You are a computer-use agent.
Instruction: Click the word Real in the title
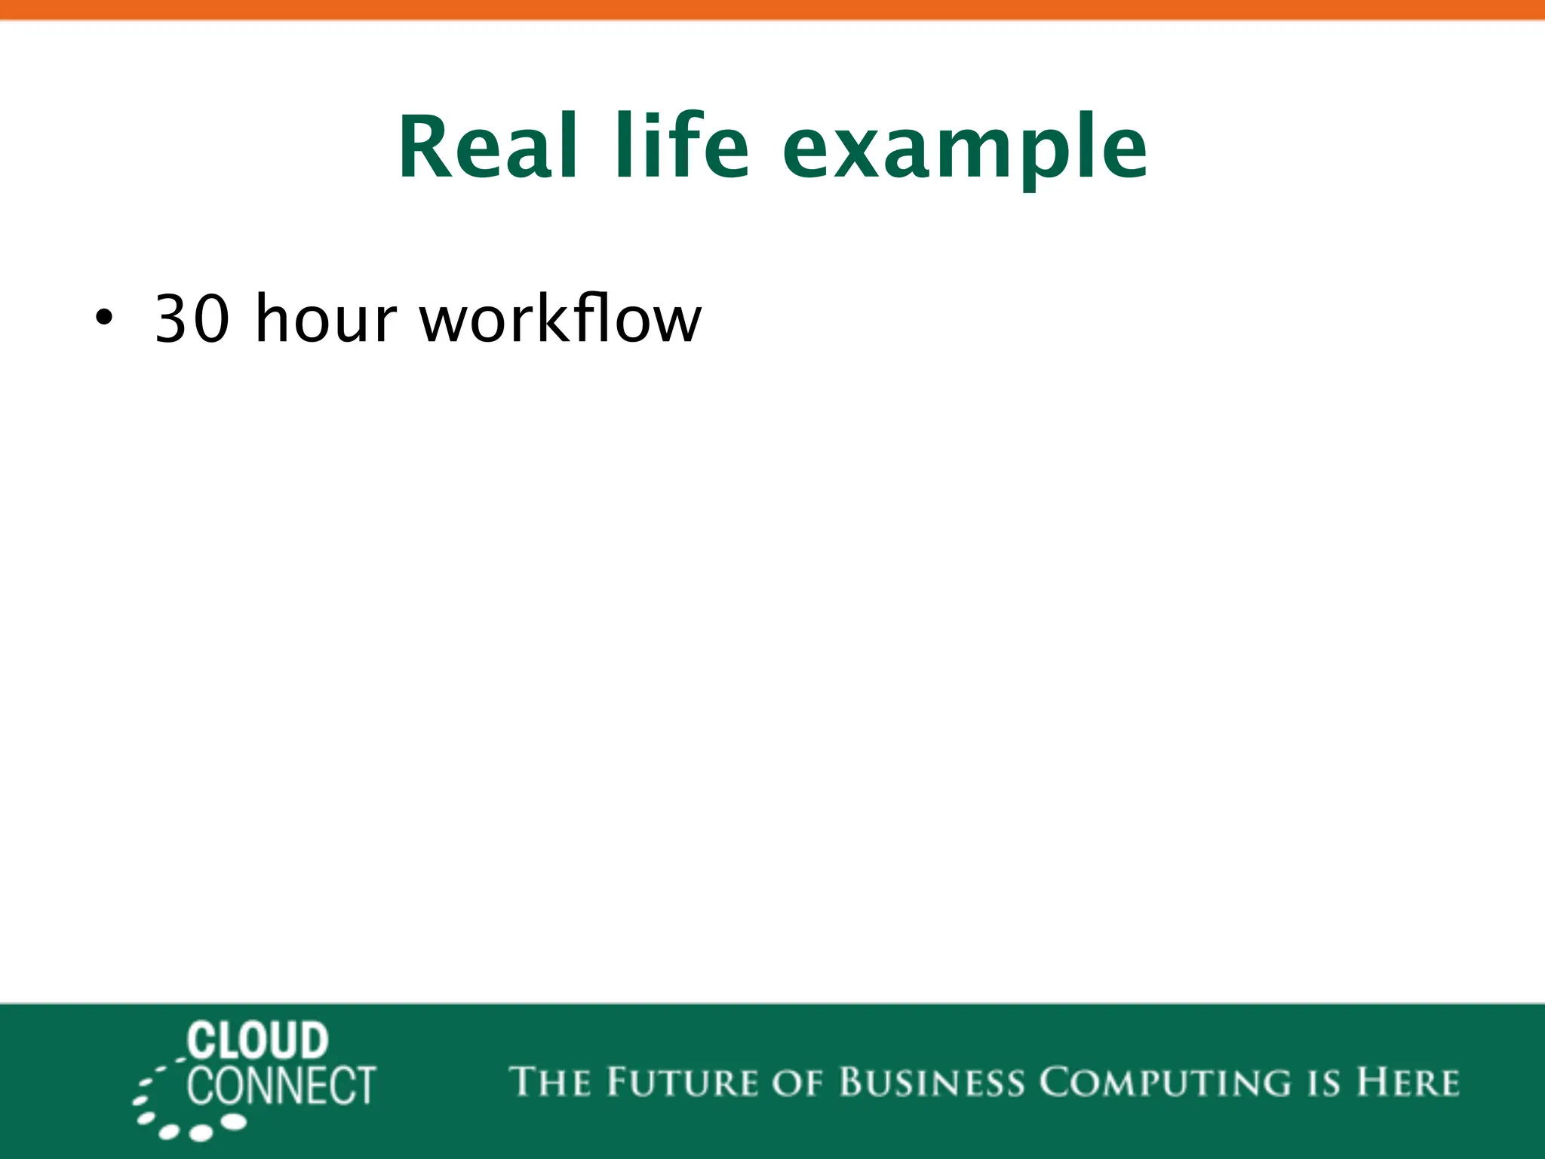pyautogui.click(x=489, y=147)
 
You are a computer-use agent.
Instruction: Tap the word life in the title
pyautogui.click(x=681, y=147)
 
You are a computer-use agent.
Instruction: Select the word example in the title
pyautogui.click(x=964, y=151)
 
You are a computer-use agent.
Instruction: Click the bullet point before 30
pyautogui.click(x=104, y=318)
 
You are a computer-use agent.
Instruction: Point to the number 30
pyautogui.click(x=192, y=320)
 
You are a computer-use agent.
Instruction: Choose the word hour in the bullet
pyautogui.click(x=325, y=318)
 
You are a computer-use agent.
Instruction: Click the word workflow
pyautogui.click(x=561, y=318)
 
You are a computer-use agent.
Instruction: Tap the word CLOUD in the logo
pyautogui.click(x=257, y=1041)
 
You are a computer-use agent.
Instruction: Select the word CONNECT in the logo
pyautogui.click(x=281, y=1086)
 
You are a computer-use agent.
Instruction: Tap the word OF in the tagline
pyautogui.click(x=797, y=1082)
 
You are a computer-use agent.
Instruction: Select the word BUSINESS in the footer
pyautogui.click(x=932, y=1082)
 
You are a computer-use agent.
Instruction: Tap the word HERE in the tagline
pyautogui.click(x=1408, y=1082)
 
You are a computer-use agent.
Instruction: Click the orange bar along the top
pyautogui.click(x=772, y=9)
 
